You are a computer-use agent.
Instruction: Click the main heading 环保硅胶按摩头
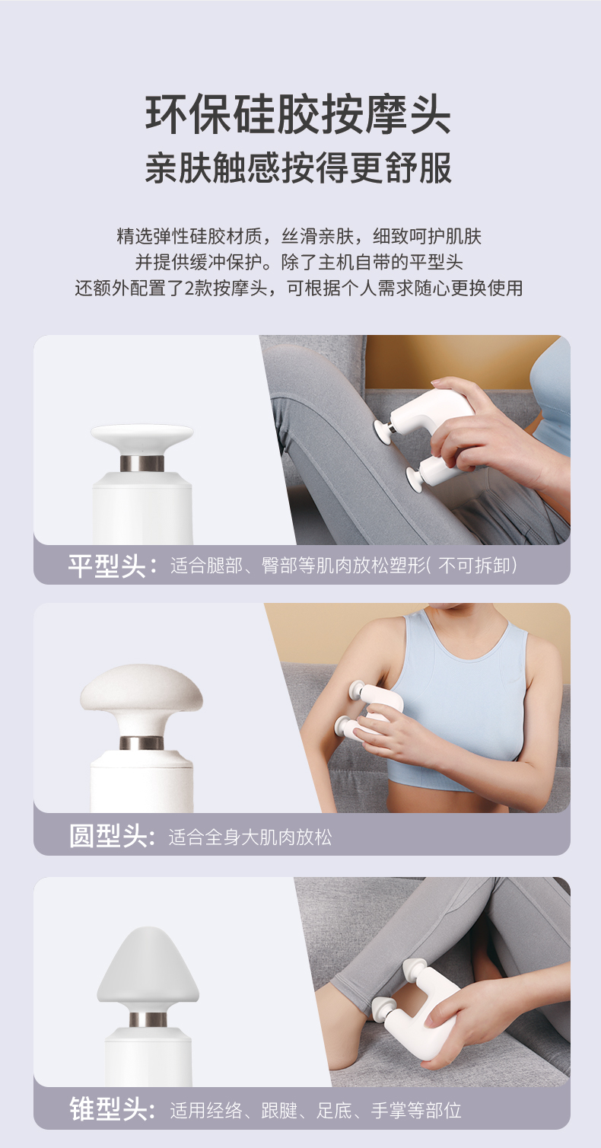[x=298, y=114]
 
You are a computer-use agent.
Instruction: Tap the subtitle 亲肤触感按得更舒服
[x=298, y=167]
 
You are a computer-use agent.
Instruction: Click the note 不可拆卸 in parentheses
[x=475, y=566]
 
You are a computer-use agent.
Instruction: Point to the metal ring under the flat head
[x=142, y=464]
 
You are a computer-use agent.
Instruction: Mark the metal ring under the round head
[x=142, y=743]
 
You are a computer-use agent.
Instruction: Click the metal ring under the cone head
[x=148, y=1019]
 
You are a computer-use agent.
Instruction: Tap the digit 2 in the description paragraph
[x=188, y=288]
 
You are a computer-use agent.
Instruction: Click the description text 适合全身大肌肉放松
[x=250, y=837]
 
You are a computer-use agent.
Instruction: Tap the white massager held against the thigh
[x=428, y=435]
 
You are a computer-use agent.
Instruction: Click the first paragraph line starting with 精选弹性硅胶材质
[x=299, y=236]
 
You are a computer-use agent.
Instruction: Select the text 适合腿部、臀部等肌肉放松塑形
[x=298, y=566]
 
